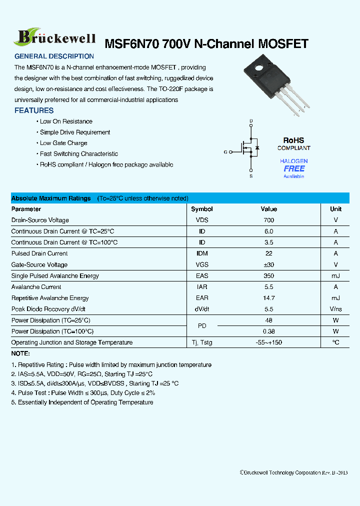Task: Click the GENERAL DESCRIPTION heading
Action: [54, 56]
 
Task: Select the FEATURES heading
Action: [34, 110]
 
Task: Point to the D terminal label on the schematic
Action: [251, 121]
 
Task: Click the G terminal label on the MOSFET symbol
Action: [225, 151]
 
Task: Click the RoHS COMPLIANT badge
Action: [293, 144]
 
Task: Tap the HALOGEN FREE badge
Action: [293, 168]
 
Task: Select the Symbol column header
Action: [202, 209]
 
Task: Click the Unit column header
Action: [335, 209]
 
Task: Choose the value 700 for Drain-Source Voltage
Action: [268, 220]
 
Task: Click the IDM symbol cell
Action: [202, 253]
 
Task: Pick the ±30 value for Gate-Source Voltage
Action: [268, 264]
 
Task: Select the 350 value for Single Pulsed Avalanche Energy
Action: [268, 276]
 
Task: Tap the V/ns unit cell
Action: [335, 309]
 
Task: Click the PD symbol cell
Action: [202, 326]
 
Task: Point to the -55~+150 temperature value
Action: [268, 342]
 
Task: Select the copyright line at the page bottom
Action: [293, 472]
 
